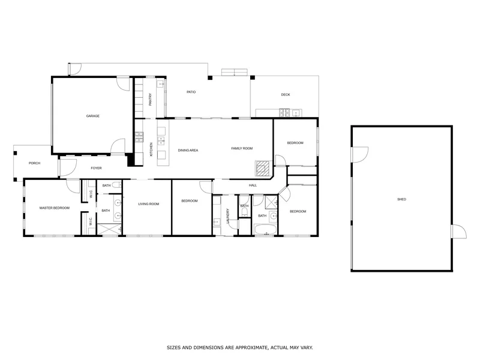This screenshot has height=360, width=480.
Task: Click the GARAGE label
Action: [92, 116]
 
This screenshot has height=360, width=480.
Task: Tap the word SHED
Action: [401, 199]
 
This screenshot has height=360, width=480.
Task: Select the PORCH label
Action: [34, 163]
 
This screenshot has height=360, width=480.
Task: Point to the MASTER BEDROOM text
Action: [55, 208]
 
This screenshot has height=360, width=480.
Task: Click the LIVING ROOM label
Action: [148, 204]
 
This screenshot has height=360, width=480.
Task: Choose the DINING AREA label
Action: [188, 149]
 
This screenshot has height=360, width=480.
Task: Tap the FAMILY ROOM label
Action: [242, 148]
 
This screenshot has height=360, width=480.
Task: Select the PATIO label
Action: [191, 92]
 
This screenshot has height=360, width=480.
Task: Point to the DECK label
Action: [286, 95]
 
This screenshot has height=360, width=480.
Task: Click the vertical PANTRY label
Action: [150, 99]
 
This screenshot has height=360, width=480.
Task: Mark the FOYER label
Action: [96, 168]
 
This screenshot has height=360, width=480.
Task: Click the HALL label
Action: [253, 185]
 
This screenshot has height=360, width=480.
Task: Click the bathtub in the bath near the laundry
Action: [264, 229]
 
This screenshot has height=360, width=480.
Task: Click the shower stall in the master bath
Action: [109, 229]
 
